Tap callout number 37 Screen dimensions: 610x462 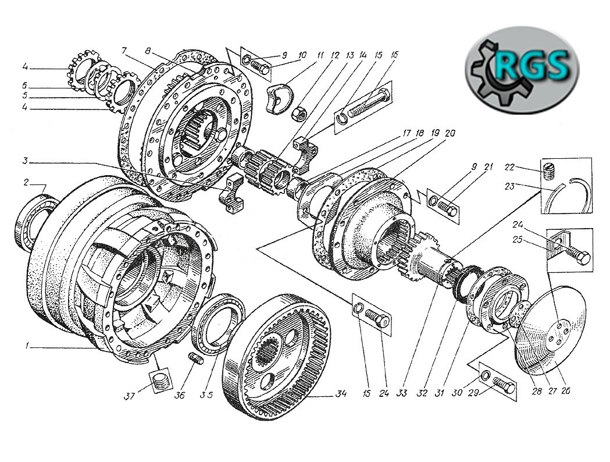[129, 396]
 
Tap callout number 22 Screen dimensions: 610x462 [509, 168]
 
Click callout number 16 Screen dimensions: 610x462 [394, 55]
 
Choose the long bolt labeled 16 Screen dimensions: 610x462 [370, 105]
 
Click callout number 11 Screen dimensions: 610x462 [320, 56]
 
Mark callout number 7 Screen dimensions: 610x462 [124, 50]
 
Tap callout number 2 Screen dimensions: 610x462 [26, 182]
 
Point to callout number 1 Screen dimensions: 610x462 [27, 346]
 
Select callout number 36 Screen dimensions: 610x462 [179, 396]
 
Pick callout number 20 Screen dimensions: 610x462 [450, 133]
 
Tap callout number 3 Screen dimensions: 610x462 [25, 161]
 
